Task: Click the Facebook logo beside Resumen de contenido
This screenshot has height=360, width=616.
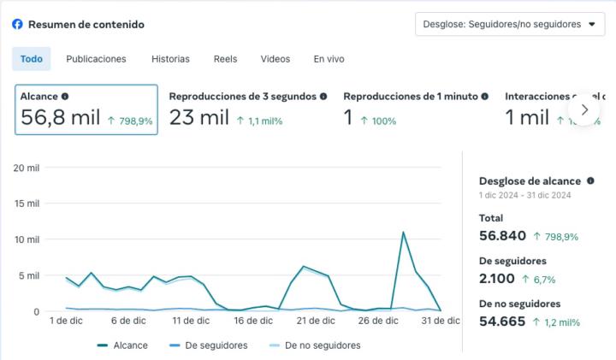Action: [17, 24]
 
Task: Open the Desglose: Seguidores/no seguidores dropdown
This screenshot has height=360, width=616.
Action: [509, 24]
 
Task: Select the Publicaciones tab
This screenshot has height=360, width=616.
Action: [96, 59]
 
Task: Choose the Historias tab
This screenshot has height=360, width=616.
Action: [170, 59]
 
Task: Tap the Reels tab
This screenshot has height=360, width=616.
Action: [225, 59]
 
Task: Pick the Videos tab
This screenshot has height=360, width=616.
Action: [275, 59]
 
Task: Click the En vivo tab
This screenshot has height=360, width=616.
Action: [329, 59]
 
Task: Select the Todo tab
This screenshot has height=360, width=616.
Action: [31, 59]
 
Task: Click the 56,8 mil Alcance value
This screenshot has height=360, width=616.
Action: [60, 118]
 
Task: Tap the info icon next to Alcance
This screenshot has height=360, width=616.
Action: [65, 97]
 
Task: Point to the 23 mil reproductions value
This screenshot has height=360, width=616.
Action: [198, 118]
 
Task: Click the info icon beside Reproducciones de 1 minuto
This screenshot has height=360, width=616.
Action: [485, 97]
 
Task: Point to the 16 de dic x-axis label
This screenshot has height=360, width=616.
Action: [252, 321]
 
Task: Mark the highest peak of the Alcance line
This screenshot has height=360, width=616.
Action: [403, 232]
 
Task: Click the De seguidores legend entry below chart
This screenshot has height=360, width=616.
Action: [211, 345]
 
